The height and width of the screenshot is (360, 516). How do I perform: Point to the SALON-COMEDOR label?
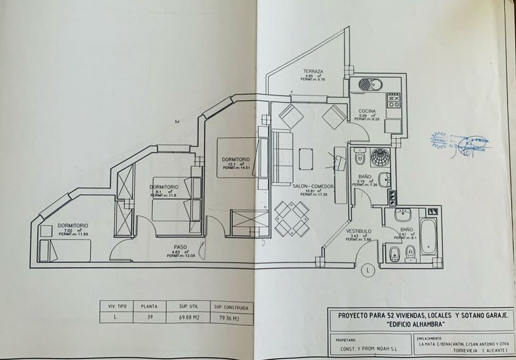[x=314, y=187]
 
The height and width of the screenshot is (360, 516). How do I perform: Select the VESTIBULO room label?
[x=360, y=231]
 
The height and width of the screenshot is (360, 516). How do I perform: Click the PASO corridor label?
[x=181, y=247]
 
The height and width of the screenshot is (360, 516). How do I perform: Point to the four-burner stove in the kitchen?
[x=394, y=100]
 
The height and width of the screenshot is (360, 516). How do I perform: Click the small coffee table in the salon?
[x=306, y=158]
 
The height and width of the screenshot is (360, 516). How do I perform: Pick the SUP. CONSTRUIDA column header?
[x=229, y=305]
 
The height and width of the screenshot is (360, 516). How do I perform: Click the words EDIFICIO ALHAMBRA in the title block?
[x=419, y=323]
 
